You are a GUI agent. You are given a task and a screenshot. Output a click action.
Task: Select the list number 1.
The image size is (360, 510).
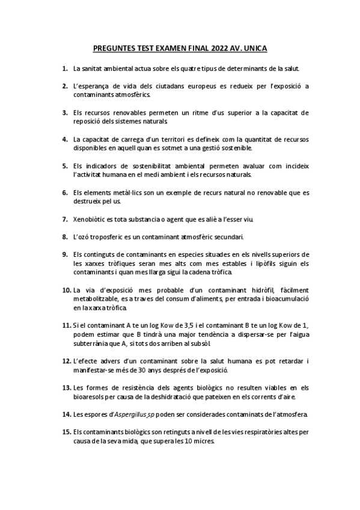point(64,69)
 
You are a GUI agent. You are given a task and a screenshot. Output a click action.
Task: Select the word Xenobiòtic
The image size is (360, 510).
point(91,219)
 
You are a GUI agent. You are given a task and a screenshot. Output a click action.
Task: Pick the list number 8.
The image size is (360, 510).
point(64,236)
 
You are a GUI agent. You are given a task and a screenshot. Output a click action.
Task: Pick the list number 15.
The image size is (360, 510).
point(66,432)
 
